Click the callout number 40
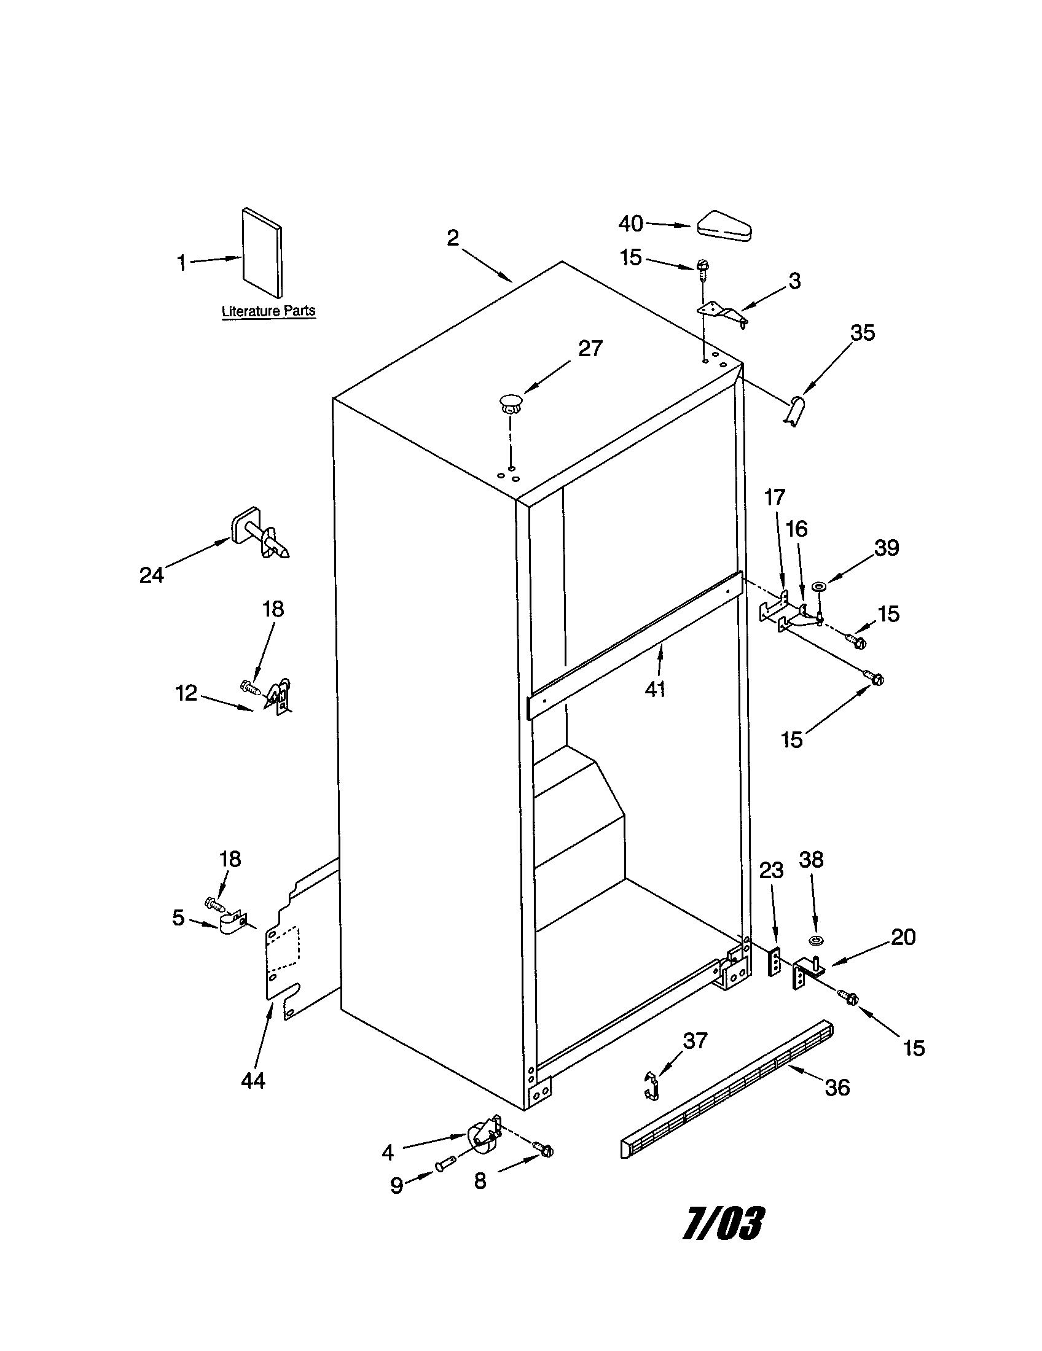pyautogui.click(x=630, y=224)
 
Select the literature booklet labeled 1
pyautogui.click(x=262, y=252)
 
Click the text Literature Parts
pyautogui.click(x=268, y=311)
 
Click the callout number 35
pyautogui.click(x=863, y=333)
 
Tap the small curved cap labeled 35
pyautogui.click(x=794, y=411)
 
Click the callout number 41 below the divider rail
pyautogui.click(x=655, y=688)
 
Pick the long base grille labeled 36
pyautogui.click(x=726, y=1089)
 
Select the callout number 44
pyautogui.click(x=253, y=1080)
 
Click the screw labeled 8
pyautogui.click(x=545, y=1150)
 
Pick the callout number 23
pyautogui.click(x=771, y=871)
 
